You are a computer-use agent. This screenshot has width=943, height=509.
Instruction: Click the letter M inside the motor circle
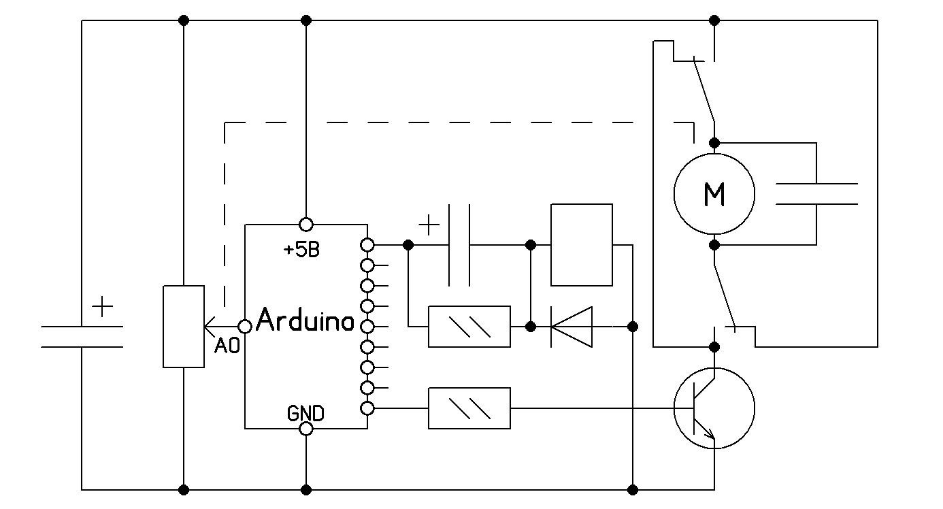tap(714, 195)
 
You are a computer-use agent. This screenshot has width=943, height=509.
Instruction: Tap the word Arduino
tap(305, 320)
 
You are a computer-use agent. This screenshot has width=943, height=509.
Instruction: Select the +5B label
tap(301, 250)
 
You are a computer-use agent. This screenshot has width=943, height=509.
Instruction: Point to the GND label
tap(305, 413)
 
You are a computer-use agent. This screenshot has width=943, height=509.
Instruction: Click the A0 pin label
tap(227, 346)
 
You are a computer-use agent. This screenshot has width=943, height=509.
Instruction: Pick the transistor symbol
tap(714, 408)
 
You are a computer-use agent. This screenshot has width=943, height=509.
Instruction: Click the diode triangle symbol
tap(572, 327)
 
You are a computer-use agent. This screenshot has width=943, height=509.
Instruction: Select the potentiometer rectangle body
tap(184, 327)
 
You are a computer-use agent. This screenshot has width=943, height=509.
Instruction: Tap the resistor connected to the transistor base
tap(469, 408)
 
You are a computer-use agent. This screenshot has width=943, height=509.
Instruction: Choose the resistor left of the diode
tap(469, 327)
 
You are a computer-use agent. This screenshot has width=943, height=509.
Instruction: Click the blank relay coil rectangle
tap(581, 245)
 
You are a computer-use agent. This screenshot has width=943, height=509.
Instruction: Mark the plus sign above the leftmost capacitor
tap(102, 307)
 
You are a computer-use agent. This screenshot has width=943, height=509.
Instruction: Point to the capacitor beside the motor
tap(816, 194)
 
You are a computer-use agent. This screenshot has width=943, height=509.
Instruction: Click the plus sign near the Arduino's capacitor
tap(429, 225)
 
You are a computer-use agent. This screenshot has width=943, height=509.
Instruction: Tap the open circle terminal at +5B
tap(306, 225)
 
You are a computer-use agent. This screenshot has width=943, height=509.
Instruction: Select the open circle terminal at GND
tap(306, 429)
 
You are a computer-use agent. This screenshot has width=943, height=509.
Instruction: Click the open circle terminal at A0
tap(245, 327)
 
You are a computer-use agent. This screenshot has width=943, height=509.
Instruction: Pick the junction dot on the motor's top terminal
tap(714, 143)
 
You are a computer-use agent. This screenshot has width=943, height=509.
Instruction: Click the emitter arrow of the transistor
tap(710, 434)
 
